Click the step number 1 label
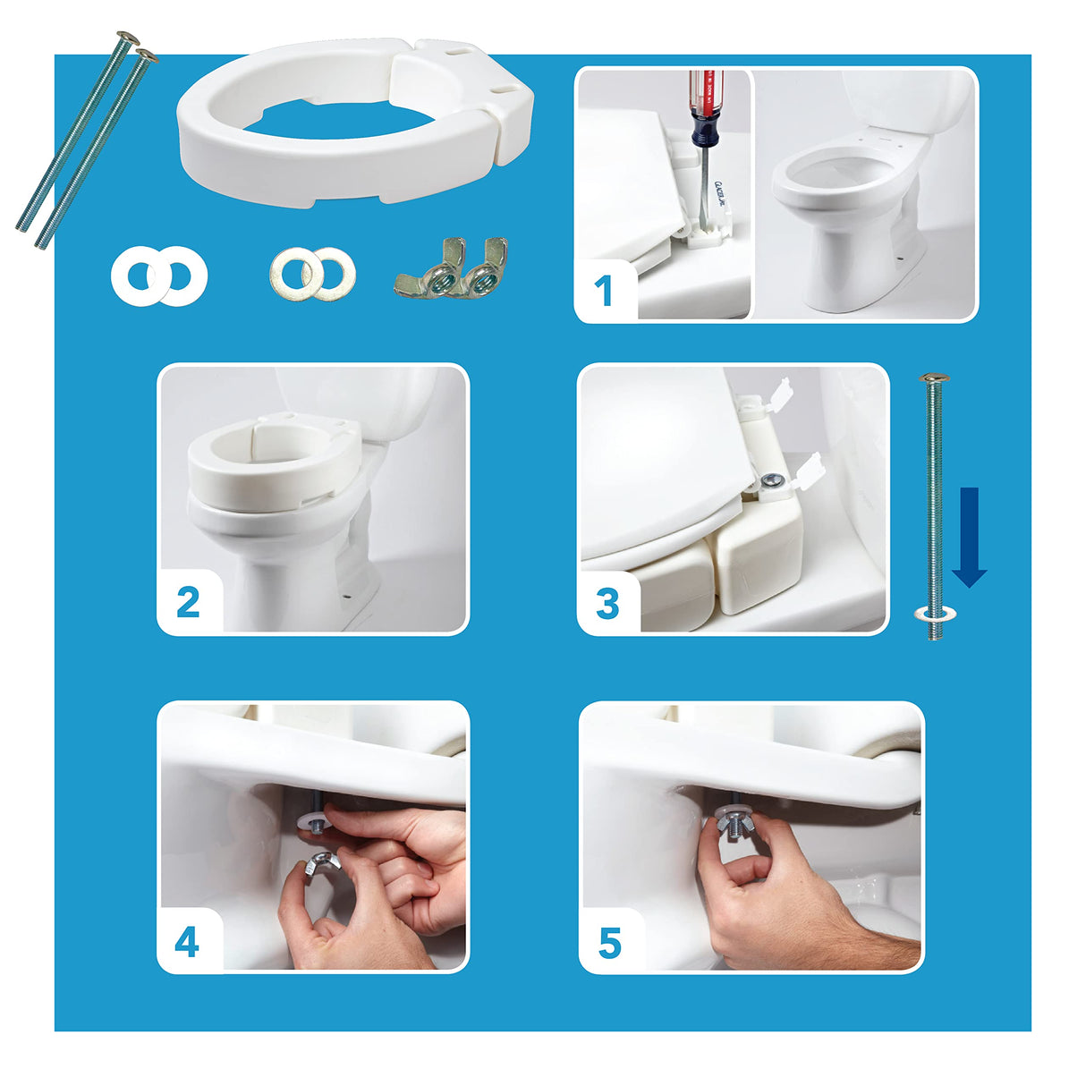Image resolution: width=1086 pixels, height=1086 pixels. (604, 292)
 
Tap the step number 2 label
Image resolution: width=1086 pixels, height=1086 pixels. (188, 603)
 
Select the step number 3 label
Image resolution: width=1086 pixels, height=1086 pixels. (607, 605)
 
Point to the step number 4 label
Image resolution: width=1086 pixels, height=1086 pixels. (186, 942)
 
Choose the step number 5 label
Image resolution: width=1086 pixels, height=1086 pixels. (609, 943)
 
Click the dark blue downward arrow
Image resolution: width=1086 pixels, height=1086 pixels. (969, 537)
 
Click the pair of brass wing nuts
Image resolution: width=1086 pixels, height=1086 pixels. (451, 268)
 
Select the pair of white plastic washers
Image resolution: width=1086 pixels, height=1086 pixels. (159, 276)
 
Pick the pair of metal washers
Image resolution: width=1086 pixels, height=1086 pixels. (312, 274)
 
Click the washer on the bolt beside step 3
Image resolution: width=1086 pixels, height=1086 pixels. (935, 615)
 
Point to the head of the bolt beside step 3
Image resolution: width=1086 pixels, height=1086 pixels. (934, 379)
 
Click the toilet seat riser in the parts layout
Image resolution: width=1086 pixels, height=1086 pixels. (355, 121)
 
